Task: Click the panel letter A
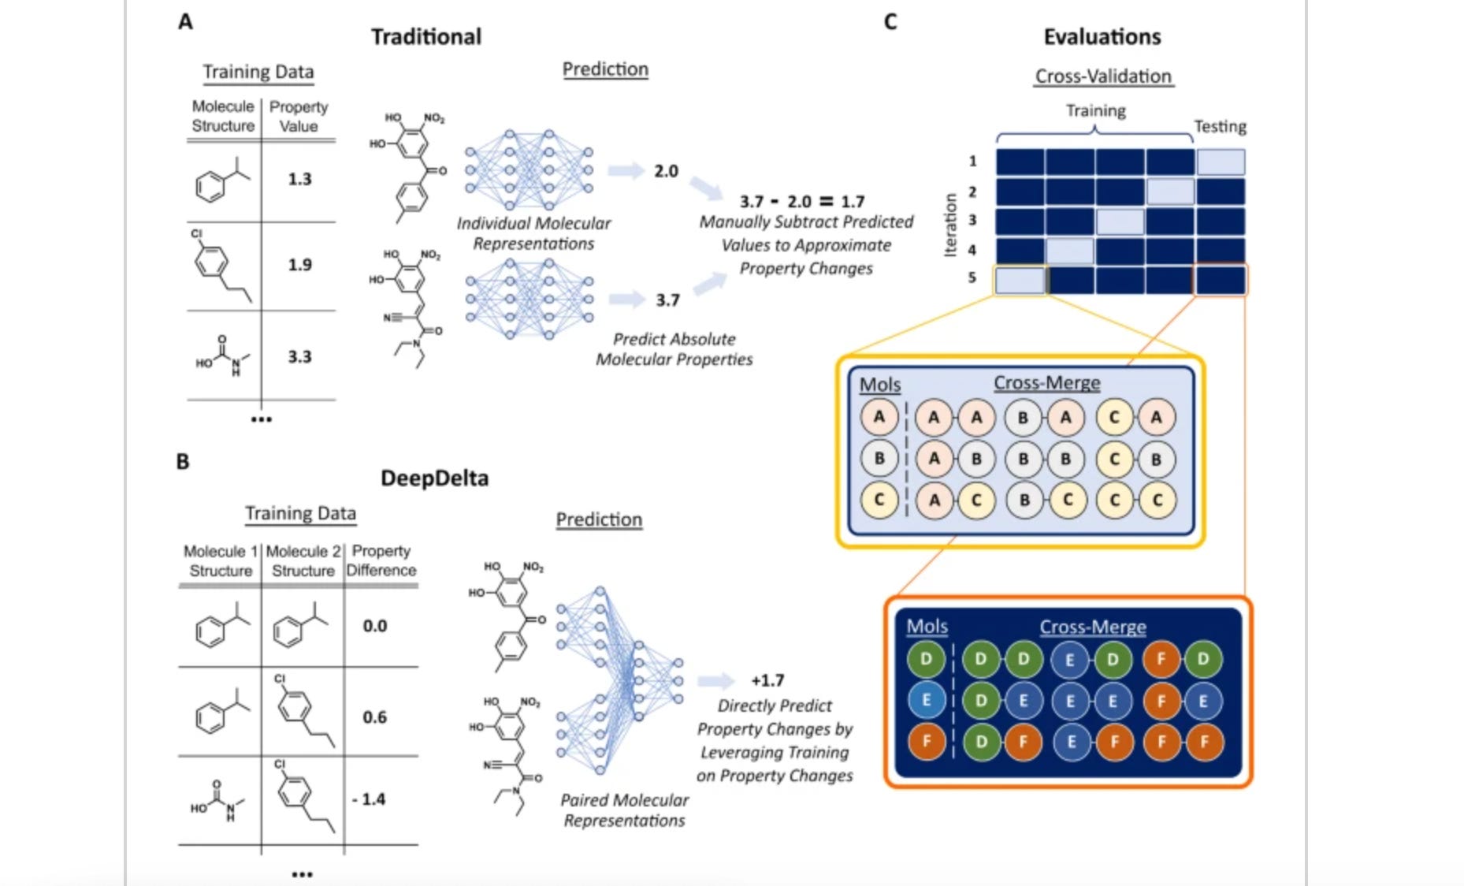(185, 21)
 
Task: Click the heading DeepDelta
(434, 478)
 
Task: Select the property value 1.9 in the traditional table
(299, 265)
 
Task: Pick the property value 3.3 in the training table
(299, 356)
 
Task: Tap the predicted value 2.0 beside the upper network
(666, 171)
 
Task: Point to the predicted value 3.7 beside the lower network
(667, 300)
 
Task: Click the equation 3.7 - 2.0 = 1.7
(801, 202)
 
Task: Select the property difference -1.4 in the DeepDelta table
(369, 799)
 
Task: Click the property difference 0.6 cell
(375, 717)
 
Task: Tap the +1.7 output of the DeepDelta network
(767, 680)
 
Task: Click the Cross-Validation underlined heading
(1103, 76)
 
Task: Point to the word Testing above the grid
(1220, 126)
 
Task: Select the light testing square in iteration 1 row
(1221, 162)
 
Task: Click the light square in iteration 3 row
(1120, 221)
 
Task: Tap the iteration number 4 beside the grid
(972, 250)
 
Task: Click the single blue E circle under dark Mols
(927, 700)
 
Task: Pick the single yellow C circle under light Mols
(879, 499)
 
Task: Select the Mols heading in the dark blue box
(927, 627)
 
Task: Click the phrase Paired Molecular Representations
(624, 810)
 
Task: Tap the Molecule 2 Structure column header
(303, 560)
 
